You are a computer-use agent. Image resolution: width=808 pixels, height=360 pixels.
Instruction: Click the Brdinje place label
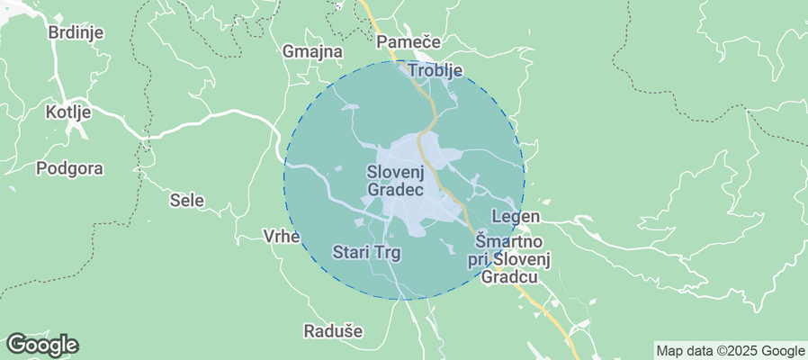76,32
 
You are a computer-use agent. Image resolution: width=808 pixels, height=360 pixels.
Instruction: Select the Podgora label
69,168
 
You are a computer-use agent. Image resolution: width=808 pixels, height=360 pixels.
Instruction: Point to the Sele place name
187,201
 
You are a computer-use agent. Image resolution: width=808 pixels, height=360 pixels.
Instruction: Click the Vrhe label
281,236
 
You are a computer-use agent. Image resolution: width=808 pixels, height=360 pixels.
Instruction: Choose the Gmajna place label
312,51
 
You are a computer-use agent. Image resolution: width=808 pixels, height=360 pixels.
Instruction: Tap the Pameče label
407,42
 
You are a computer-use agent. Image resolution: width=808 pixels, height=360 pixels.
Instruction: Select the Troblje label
435,69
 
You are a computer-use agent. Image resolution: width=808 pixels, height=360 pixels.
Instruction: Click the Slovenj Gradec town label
396,180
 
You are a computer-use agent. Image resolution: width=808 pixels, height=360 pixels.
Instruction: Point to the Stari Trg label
366,253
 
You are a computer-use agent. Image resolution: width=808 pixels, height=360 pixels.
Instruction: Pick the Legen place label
516,217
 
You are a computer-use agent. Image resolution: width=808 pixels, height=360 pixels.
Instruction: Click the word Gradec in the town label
396,190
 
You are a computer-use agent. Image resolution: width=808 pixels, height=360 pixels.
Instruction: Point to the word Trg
384,253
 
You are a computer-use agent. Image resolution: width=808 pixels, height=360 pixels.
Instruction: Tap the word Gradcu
509,276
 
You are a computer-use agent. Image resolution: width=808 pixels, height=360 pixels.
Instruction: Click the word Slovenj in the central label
396,171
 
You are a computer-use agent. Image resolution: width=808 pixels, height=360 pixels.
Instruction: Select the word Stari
349,253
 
